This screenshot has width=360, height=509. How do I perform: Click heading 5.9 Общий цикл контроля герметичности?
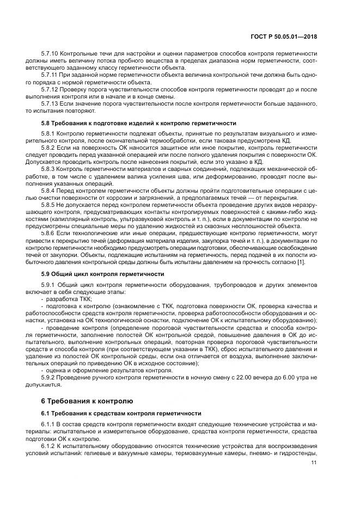click(x=102, y=273)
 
